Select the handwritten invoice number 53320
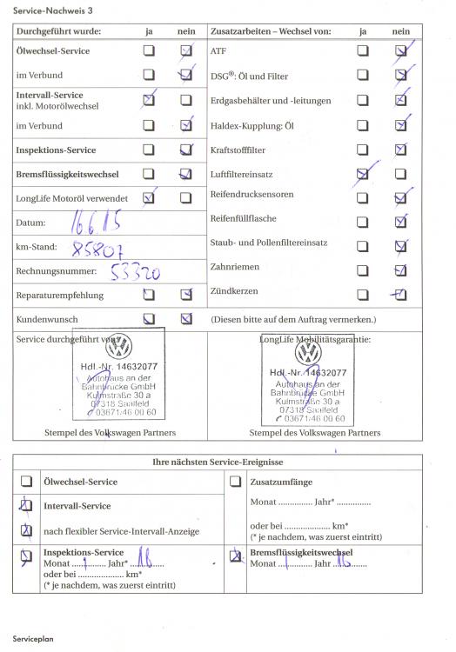click(x=134, y=272)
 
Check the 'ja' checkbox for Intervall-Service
click(x=149, y=100)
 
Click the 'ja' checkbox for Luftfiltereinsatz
click(x=362, y=174)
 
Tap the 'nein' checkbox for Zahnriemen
click(x=400, y=269)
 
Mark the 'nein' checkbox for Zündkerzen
click(x=400, y=293)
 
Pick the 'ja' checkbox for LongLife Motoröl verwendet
click(x=149, y=198)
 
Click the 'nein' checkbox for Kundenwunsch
click(x=185, y=318)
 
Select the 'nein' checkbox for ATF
click(x=400, y=51)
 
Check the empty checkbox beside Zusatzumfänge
click(x=235, y=481)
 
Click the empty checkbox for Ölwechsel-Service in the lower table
click(x=27, y=481)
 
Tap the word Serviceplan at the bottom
click(x=34, y=638)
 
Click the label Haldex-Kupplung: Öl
click(x=252, y=125)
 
